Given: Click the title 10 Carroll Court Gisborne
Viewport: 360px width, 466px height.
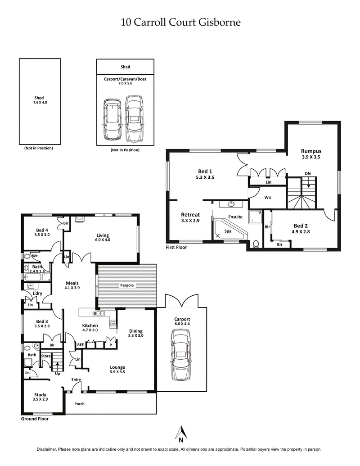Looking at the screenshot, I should (x=180, y=22).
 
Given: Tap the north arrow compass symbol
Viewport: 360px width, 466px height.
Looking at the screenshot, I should (x=181, y=434).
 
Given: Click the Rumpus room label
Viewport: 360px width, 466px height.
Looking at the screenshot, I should (x=311, y=151).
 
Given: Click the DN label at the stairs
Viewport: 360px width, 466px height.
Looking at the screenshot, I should (x=307, y=173).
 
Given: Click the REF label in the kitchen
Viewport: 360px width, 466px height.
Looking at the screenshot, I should (x=80, y=344).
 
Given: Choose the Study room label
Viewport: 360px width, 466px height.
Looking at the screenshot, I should (x=40, y=394).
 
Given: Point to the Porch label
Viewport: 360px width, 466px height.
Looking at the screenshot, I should (x=79, y=404).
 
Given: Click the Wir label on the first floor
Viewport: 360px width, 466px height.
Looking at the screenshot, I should (x=267, y=197).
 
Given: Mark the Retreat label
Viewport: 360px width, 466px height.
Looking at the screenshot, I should (x=190, y=215).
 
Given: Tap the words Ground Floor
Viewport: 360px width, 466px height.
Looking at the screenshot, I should (x=35, y=419).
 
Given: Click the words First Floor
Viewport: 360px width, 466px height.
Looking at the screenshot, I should (x=176, y=247).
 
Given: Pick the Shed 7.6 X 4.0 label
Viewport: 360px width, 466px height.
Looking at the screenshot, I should (x=40, y=100).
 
